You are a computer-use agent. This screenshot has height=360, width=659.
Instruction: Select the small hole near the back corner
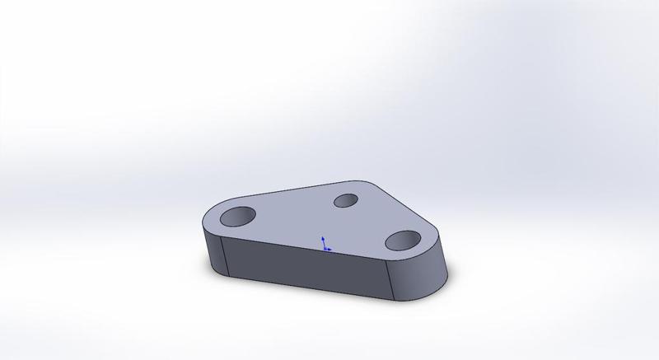click(345, 200)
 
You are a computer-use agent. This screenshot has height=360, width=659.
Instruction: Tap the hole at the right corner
click(403, 240)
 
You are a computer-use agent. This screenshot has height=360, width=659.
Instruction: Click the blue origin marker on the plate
click(325, 247)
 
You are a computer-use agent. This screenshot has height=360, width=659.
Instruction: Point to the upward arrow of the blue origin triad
click(324, 239)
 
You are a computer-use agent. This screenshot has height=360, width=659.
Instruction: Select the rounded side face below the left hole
click(212, 247)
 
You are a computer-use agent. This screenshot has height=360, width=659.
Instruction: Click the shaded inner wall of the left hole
click(234, 213)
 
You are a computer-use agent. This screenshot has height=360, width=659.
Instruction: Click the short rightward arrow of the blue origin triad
click(329, 249)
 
